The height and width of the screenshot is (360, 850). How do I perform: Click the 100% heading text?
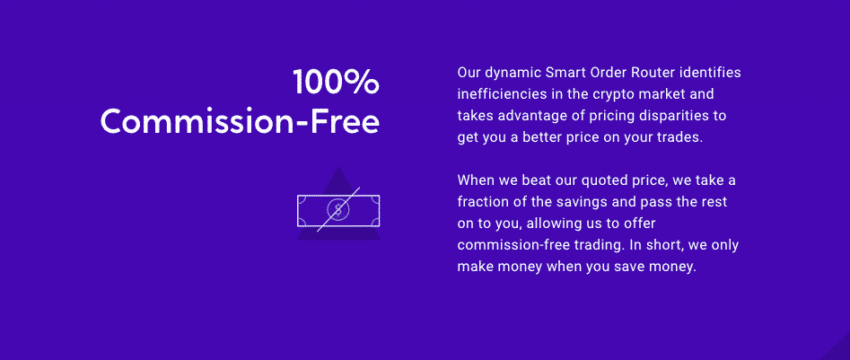pos(336,83)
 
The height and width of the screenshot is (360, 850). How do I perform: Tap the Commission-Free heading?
pos(240,121)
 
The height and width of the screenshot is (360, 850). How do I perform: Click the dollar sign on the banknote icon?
pos(338,210)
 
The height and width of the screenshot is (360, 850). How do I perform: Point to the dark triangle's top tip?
pos(338,166)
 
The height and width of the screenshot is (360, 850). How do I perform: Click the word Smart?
pos(565,72)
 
